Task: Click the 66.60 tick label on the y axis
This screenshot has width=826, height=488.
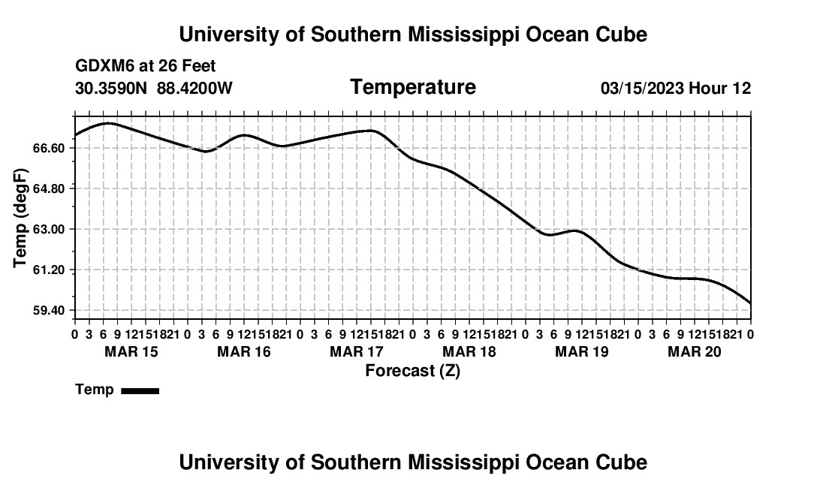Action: point(49,149)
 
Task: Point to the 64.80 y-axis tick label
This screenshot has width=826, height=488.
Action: point(49,189)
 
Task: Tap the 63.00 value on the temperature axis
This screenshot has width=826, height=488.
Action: point(49,230)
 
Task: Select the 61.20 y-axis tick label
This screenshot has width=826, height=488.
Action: point(49,270)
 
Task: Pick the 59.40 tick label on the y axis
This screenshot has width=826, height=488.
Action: point(49,311)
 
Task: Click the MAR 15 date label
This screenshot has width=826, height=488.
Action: point(131,351)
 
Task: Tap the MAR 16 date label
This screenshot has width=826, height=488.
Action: point(244,351)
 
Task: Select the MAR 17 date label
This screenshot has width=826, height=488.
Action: point(357,351)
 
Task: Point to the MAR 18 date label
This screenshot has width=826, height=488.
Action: point(469,351)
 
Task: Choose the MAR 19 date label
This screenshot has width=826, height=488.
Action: point(582,351)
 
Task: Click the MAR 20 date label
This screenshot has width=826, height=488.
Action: point(695,351)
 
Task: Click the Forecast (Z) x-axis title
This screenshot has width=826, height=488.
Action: point(413,371)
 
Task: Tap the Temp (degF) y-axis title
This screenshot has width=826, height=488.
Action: point(20,218)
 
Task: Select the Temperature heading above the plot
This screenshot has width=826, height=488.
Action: point(413,87)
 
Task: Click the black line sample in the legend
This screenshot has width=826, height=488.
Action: point(140,390)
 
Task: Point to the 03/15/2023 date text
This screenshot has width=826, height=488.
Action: point(643,89)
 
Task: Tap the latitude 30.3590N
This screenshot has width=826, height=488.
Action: point(111,89)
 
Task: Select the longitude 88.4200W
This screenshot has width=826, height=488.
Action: point(194,89)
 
